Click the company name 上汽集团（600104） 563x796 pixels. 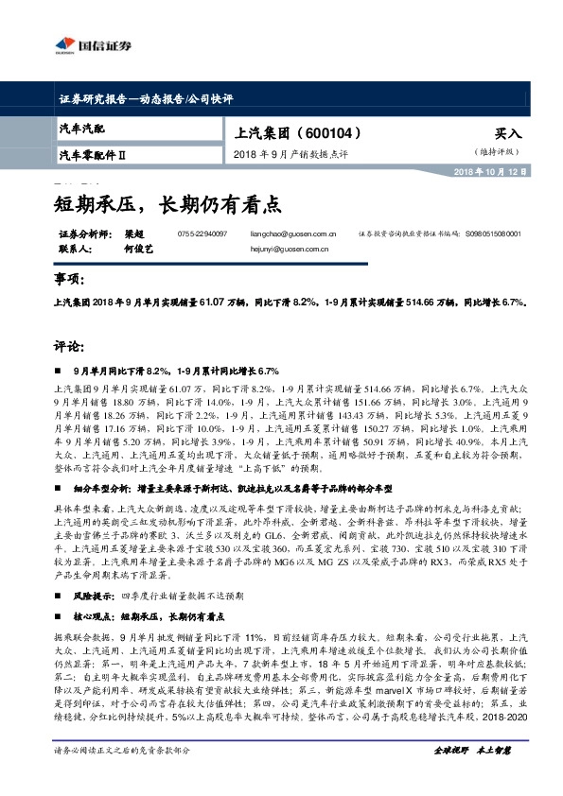click(x=292, y=133)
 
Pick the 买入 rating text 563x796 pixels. click(x=507, y=134)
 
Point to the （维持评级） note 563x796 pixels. click(x=498, y=151)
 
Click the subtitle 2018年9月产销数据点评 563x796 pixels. click(x=290, y=154)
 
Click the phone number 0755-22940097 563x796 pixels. click(x=202, y=233)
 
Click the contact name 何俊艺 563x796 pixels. click(x=137, y=250)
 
